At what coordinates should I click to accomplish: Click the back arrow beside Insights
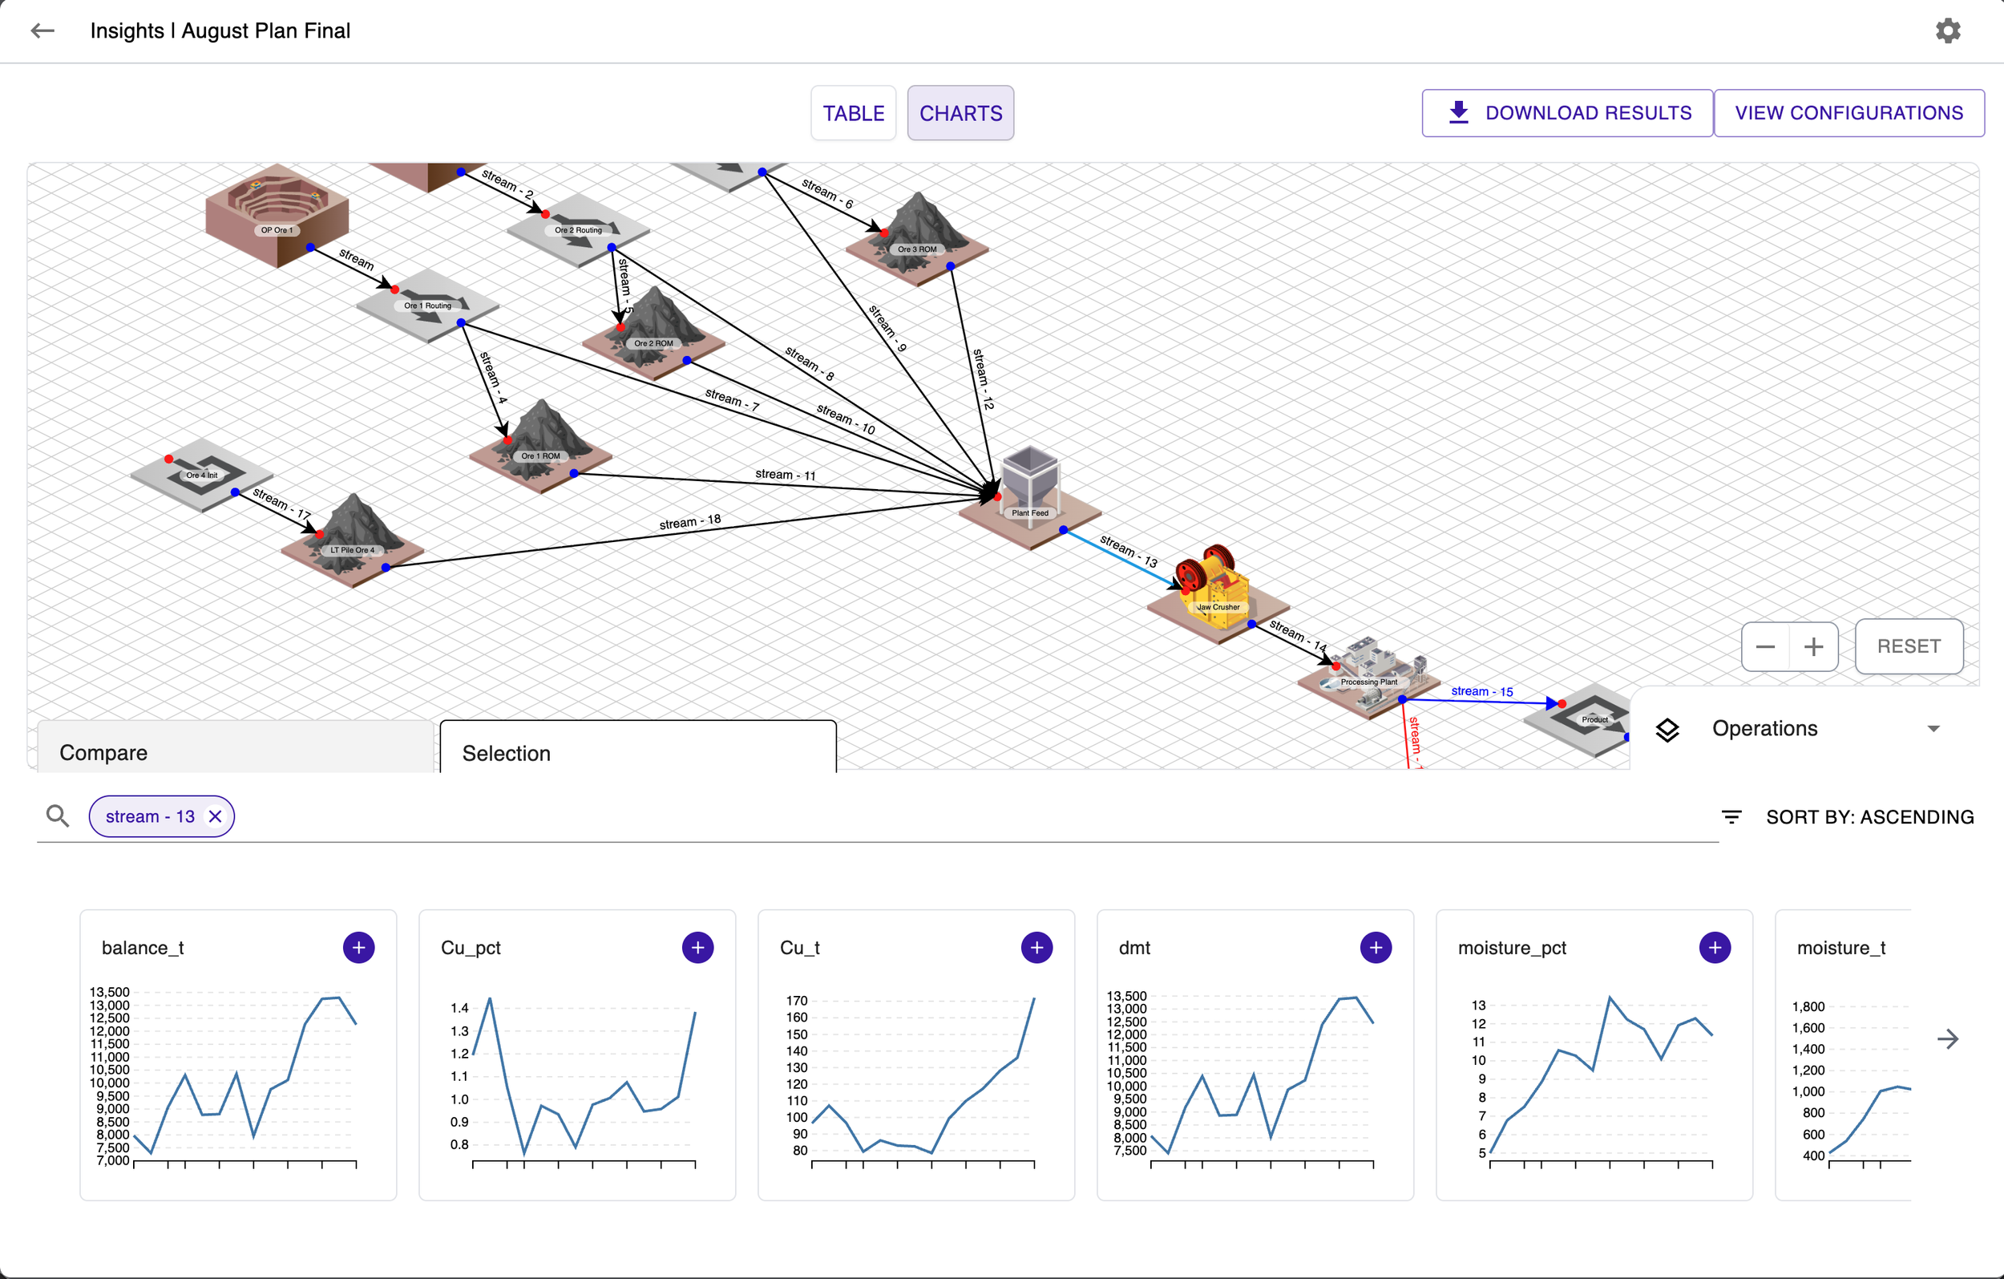[x=42, y=31]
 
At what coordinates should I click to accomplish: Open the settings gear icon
[x=1947, y=31]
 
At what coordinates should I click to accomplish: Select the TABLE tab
[x=853, y=113]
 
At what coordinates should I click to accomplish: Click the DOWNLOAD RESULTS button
[x=1567, y=113]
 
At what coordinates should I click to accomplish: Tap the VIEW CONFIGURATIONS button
[x=1848, y=113]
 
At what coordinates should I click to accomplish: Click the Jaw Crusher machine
[x=1214, y=585]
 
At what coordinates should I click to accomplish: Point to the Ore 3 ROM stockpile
[x=916, y=233]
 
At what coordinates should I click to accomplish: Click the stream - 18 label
[x=690, y=522]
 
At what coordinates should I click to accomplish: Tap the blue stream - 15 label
[x=1481, y=691]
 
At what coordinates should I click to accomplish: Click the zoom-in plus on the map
[x=1813, y=647]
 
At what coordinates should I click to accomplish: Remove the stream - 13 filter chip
[x=216, y=817]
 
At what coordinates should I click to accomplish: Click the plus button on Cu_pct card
[x=697, y=948]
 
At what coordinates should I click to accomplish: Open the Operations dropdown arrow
[x=1933, y=729]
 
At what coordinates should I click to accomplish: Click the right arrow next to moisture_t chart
[x=1947, y=1038]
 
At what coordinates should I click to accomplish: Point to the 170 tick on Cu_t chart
[x=797, y=1001]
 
